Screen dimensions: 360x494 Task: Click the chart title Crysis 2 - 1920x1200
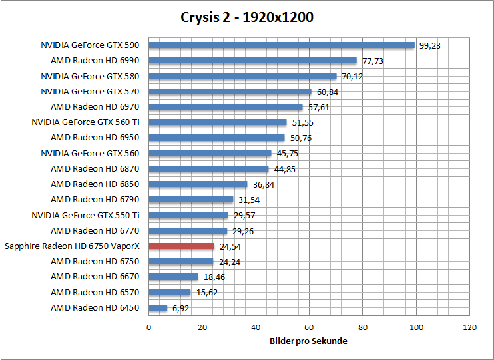[247, 17]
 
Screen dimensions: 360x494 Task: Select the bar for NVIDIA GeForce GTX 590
[282, 45]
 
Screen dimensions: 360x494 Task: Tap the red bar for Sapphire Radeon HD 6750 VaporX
[181, 246]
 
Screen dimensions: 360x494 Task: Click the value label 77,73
[372, 61]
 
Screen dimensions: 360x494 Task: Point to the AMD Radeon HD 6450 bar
[158, 308]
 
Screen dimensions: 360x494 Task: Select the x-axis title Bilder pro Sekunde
[309, 341]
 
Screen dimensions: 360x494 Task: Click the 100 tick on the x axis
[417, 327]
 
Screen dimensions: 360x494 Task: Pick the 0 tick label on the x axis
[148, 327]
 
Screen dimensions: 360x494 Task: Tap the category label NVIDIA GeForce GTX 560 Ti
[85, 122]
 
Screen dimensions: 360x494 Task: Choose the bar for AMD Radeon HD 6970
[226, 107]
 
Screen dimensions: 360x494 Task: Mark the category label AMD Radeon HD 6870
[95, 169]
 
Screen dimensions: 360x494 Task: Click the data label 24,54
[230, 247]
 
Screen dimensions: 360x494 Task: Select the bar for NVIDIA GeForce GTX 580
[242, 76]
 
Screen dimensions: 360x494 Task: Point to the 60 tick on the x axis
[309, 327]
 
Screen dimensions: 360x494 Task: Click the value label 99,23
[430, 46]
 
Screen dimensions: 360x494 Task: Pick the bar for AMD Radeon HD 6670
[173, 277]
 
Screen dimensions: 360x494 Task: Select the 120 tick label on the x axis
[470, 327]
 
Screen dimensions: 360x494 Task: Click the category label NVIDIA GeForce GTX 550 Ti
[85, 215]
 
